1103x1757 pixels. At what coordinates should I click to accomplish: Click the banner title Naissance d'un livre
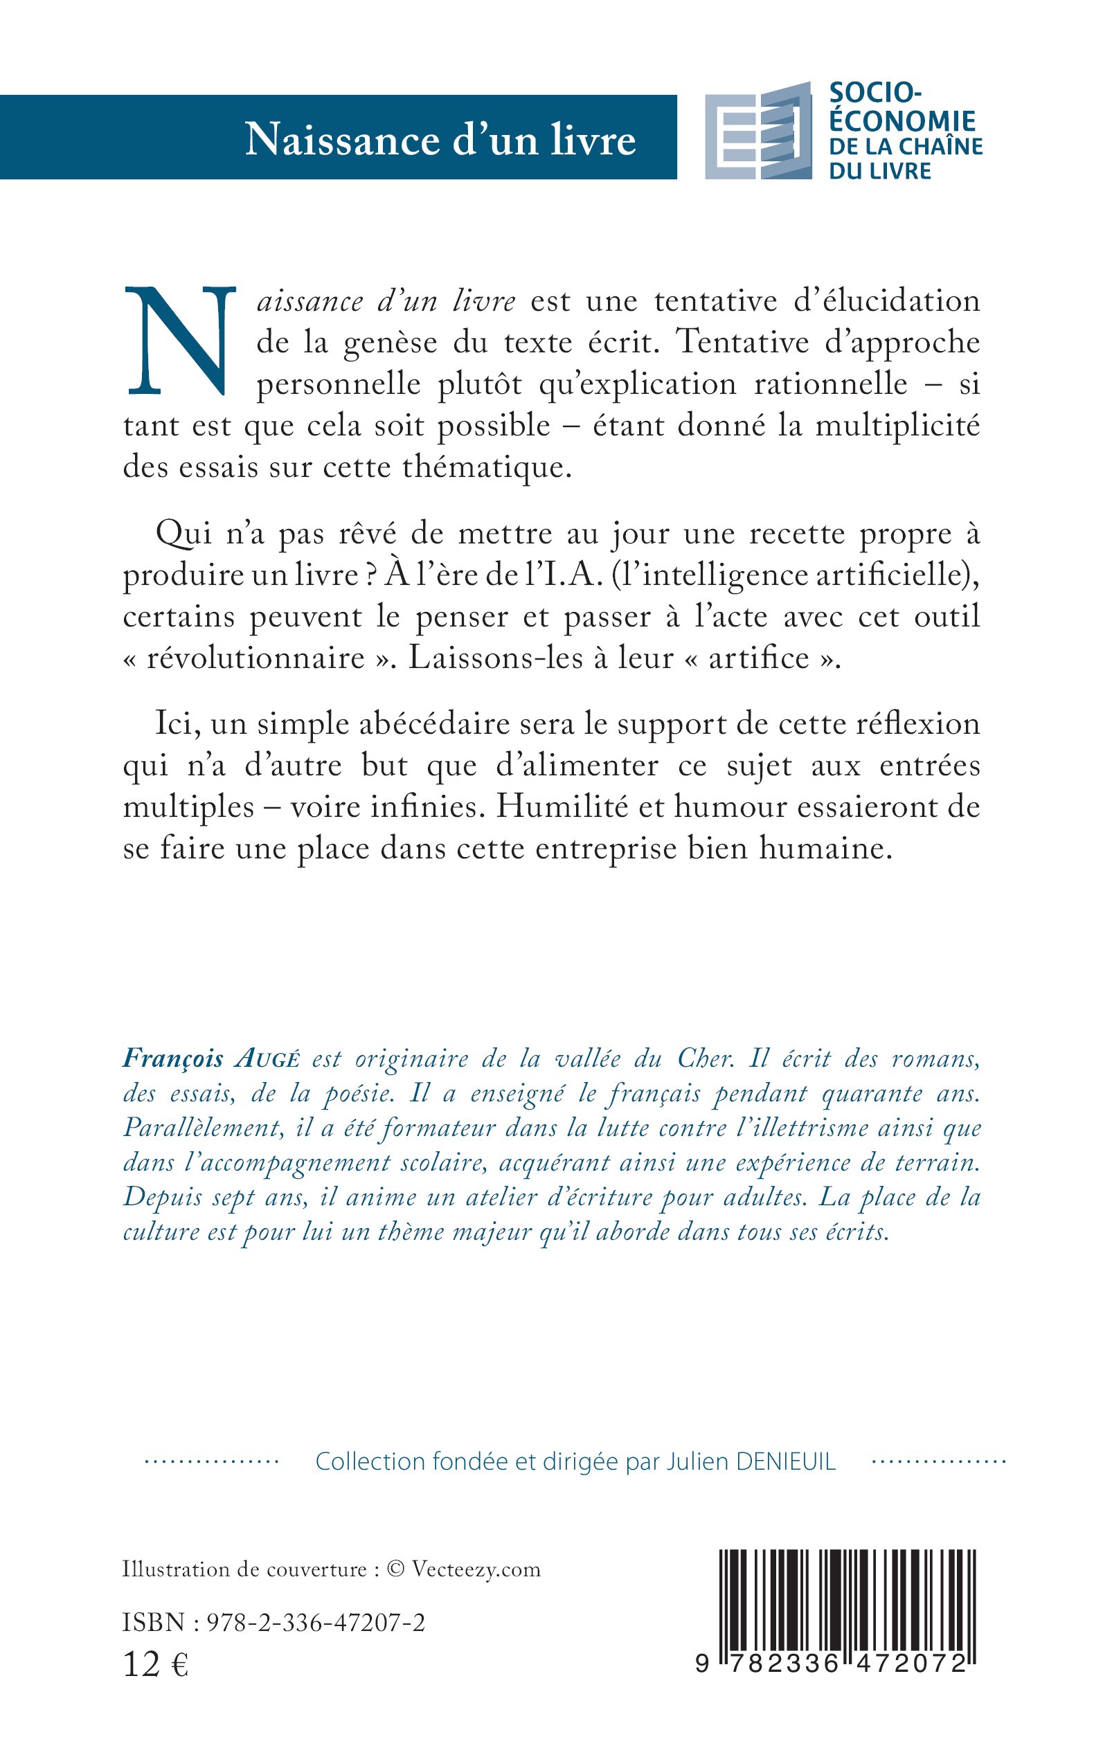[x=440, y=138]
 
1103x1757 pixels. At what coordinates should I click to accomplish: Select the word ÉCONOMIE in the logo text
[x=902, y=120]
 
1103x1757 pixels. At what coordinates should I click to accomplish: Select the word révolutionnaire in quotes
[x=255, y=658]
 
